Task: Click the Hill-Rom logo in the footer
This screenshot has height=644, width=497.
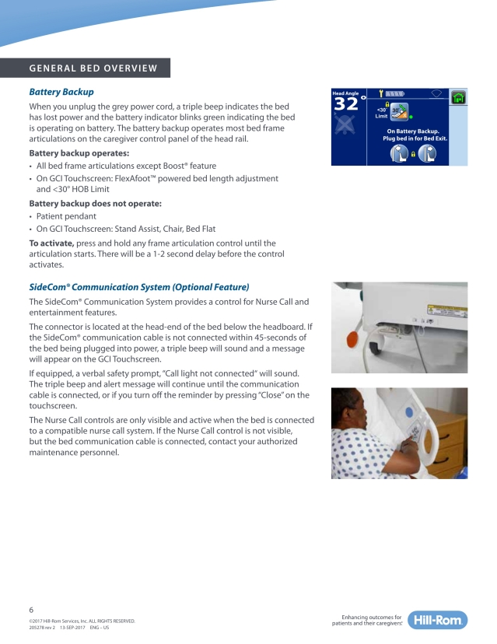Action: point(439,620)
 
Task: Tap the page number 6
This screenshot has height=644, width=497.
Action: point(31,610)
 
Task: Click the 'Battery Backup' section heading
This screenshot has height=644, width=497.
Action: point(61,92)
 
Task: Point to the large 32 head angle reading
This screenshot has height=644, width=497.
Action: point(347,105)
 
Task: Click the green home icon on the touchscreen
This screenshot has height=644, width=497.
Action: point(459,97)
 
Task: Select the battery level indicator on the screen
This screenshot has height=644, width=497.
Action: point(395,93)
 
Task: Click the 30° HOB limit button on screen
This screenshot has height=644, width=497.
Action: point(399,112)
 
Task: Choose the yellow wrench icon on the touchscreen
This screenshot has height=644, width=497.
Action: point(381,93)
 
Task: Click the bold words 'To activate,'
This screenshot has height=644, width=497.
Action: point(51,243)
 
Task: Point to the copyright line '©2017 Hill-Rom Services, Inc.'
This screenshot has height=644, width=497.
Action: point(82,620)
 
